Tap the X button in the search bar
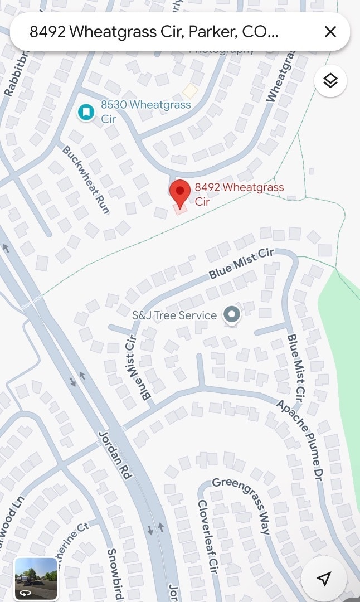tap(330, 32)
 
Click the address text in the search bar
tap(154, 32)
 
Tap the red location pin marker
tap(179, 193)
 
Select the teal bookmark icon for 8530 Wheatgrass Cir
tap(85, 112)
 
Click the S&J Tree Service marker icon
tap(231, 315)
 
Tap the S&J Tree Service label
tap(174, 315)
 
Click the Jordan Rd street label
tap(115, 455)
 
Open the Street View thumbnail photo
tap(36, 578)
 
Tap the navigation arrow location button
tap(324, 579)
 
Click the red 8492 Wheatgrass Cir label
tap(239, 193)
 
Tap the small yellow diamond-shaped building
tap(191, 91)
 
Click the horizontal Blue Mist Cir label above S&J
tap(241, 264)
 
